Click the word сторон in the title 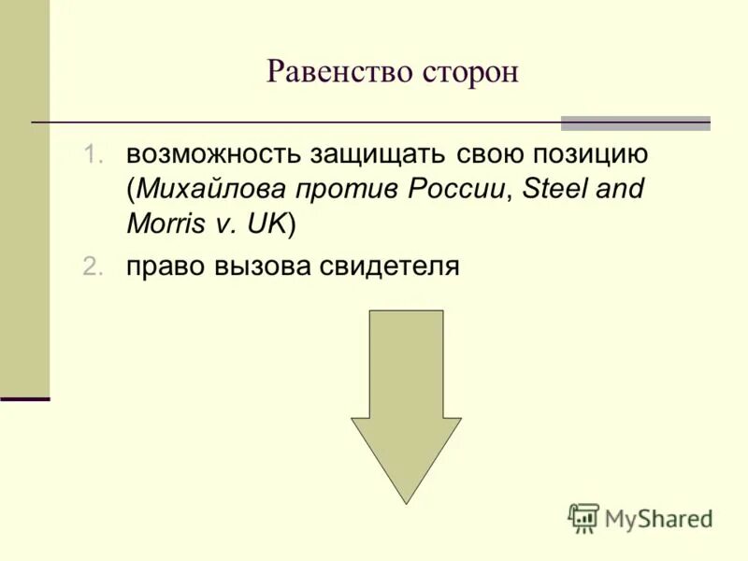click(x=468, y=72)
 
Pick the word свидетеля click(x=390, y=267)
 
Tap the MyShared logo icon click(x=583, y=518)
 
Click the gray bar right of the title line click(x=635, y=123)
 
